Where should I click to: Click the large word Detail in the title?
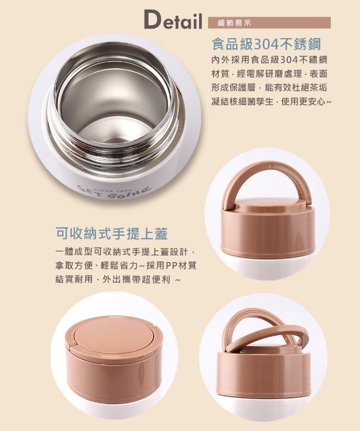click(173, 20)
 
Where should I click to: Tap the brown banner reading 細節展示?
click(269, 23)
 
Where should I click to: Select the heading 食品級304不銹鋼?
click(267, 44)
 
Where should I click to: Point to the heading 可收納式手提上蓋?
click(112, 233)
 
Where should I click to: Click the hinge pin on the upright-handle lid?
click(238, 207)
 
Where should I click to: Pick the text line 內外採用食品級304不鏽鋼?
click(269, 59)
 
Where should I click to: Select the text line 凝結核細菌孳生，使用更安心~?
click(271, 102)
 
